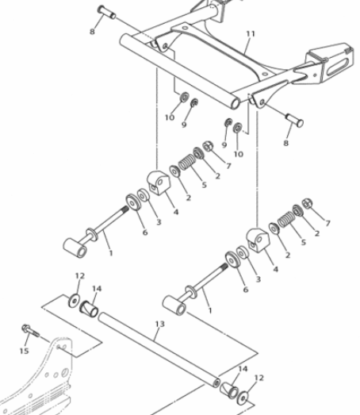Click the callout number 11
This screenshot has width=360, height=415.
pos(251,34)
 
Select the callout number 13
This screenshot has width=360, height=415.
pos(159,324)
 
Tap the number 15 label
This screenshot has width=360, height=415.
pos(24,351)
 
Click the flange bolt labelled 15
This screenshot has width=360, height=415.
pos(30,331)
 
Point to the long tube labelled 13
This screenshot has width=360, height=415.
pos(159,349)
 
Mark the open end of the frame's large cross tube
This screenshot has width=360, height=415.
pos(236,103)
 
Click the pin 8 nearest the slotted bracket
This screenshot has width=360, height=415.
pos(294,120)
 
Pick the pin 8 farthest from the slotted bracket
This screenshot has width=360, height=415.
pos(106,12)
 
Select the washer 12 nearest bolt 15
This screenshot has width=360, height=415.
pos(74,301)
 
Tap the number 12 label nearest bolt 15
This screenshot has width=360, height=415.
pos(79,276)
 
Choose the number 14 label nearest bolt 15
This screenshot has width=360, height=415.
pos(97,289)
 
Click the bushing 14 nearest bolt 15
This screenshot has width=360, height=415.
pos(89,309)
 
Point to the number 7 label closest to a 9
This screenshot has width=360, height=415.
pos(228,166)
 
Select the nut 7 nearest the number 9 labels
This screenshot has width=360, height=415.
pos(208,146)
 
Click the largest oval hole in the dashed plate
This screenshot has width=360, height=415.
pos(64,372)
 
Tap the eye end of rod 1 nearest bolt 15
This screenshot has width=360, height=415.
pos(75,248)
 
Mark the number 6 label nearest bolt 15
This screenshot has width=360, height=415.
pos(145,232)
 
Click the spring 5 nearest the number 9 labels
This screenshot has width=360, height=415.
pos(187,162)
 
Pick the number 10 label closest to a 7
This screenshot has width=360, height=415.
pos(239,154)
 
